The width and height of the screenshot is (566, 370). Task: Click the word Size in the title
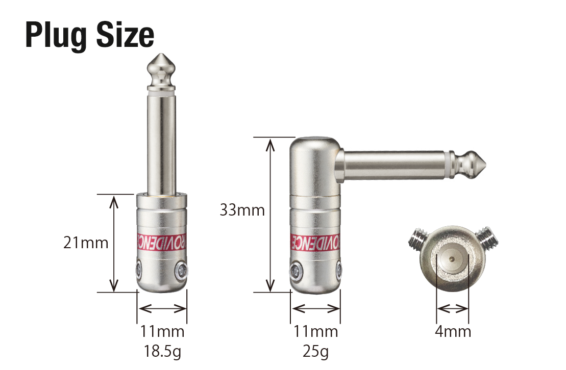pyautogui.click(x=125, y=35)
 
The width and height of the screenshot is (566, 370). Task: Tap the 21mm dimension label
pyautogui.click(x=86, y=243)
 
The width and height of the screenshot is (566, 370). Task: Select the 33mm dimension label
pyautogui.click(x=242, y=210)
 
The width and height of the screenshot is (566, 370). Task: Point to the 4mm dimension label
pyautogui.click(x=453, y=331)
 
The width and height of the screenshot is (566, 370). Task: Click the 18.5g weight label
pyautogui.click(x=162, y=351)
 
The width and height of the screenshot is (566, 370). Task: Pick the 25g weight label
pyautogui.click(x=315, y=351)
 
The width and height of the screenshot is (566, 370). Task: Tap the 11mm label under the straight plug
pyautogui.click(x=162, y=331)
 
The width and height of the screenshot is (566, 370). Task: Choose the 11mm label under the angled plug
pyautogui.click(x=315, y=331)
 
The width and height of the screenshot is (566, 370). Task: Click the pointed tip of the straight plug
pyautogui.click(x=161, y=54)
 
